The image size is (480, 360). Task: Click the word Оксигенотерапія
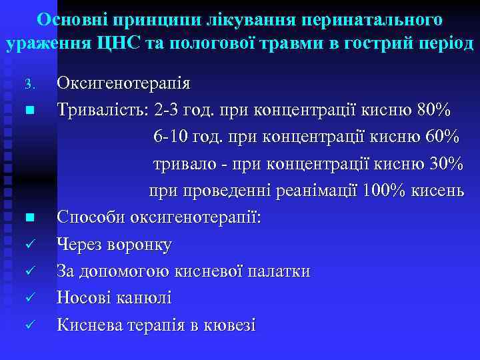point(123,84)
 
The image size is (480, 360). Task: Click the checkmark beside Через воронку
point(29,245)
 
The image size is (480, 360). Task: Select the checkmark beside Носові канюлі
point(29,298)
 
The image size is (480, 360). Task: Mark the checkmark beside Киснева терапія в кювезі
point(29,325)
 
